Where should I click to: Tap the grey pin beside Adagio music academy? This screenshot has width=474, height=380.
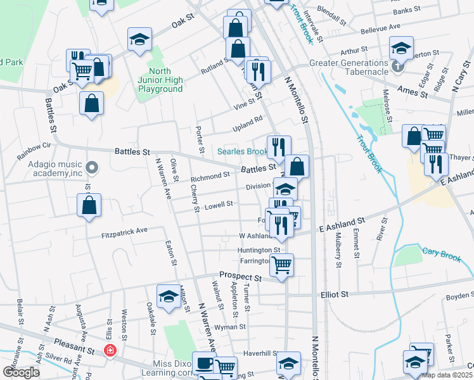(x=93, y=168)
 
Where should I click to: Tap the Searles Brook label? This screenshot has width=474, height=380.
(x=243, y=151)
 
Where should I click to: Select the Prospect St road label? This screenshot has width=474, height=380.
(x=240, y=277)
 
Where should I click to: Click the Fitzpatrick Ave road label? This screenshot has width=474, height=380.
(x=124, y=231)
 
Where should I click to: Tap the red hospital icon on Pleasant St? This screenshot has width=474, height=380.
(x=110, y=350)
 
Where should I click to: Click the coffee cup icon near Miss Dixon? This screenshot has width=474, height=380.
(x=203, y=364)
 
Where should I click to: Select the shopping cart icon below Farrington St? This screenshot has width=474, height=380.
(x=281, y=265)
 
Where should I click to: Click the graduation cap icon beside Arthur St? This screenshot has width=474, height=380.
(x=400, y=47)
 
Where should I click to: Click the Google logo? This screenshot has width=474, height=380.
(x=21, y=372)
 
